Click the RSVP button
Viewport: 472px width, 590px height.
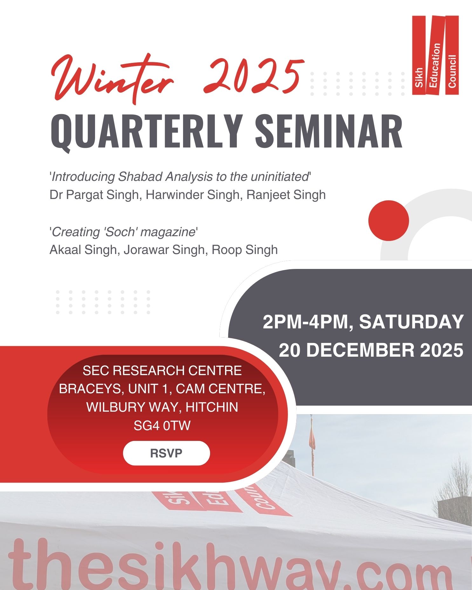click(x=166, y=453)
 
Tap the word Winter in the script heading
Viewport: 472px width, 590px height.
click(x=113, y=78)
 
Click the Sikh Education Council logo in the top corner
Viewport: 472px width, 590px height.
click(x=435, y=55)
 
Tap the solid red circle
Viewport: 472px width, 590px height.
click(x=388, y=220)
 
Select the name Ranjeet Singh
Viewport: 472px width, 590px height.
click(x=286, y=195)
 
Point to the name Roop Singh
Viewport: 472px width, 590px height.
click(x=244, y=250)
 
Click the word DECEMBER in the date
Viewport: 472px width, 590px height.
click(x=360, y=350)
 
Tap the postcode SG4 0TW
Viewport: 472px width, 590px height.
click(x=162, y=426)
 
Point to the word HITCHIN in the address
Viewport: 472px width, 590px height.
click(x=212, y=407)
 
